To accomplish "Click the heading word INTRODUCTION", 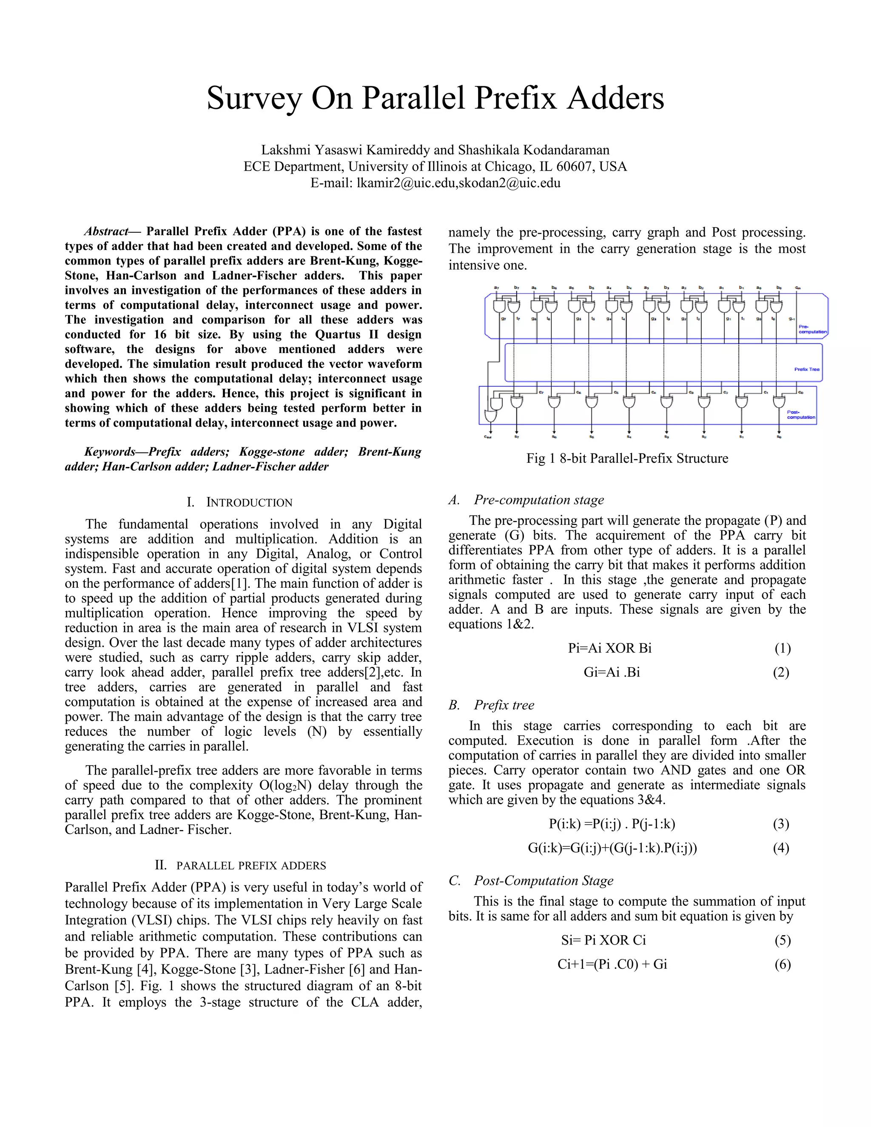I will [249, 503].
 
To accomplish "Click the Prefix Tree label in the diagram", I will [806, 370].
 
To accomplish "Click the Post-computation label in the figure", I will [800, 414].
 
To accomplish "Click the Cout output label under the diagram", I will [488, 437].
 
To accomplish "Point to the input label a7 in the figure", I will [496, 287].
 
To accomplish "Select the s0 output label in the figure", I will [779, 437].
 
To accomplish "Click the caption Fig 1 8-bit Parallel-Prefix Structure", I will [626, 458].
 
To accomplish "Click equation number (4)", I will [781, 848].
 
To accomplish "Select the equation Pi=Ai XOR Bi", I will [609, 648].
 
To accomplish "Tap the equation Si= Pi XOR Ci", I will [603, 940].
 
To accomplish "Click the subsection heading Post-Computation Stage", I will [544, 881].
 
